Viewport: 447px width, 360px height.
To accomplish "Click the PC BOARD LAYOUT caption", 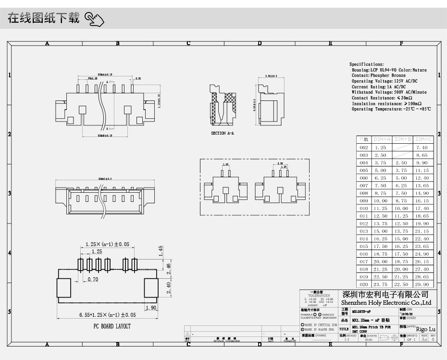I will pyautogui.click(x=112, y=326).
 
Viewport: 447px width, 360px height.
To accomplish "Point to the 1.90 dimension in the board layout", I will pyautogui.click(x=150, y=308).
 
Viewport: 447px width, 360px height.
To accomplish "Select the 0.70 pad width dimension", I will pyautogui.click(x=93, y=279).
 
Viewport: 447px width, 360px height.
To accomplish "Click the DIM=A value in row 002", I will pyautogui.click(x=380, y=148).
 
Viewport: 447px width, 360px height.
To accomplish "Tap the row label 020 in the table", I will pyautogui.click(x=363, y=285).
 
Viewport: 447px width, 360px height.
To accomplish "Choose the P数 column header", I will pyautogui.click(x=363, y=139).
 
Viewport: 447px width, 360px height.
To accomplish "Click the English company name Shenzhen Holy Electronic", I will pyautogui.click(x=386, y=303).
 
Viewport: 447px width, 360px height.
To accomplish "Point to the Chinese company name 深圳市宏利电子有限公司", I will pyautogui.click(x=385, y=295).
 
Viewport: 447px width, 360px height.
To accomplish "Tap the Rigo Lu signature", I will pyautogui.click(x=425, y=329).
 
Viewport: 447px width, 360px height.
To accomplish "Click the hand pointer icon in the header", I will pyautogui.click(x=94, y=20).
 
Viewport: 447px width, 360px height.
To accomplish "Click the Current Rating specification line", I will pyautogui.click(x=378, y=87).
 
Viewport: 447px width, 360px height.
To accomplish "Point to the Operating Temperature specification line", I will pyautogui.click(x=391, y=109).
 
